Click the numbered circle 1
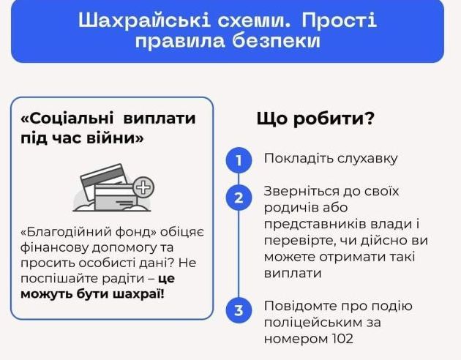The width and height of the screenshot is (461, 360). tap(239, 160)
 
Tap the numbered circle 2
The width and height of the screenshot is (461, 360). tap(239, 198)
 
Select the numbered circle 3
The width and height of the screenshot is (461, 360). tap(239, 310)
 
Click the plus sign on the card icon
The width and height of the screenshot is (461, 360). tap(143, 187)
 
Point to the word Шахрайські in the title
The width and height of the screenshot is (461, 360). tap(144, 20)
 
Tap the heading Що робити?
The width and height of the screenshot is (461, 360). tap(315, 119)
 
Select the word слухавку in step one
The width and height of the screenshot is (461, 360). tap(367, 159)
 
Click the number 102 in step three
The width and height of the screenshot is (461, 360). tap(342, 339)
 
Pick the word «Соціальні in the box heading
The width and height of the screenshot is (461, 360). tap(67, 118)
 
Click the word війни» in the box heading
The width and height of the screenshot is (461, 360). tap(115, 138)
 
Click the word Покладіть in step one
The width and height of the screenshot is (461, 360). tap(299, 159)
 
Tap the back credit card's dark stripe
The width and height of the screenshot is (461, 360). tap(102, 176)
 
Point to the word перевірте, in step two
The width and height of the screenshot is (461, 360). tap(299, 241)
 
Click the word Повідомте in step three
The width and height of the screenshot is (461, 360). tap(301, 306)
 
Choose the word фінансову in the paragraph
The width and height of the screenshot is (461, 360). tap(54, 247)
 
